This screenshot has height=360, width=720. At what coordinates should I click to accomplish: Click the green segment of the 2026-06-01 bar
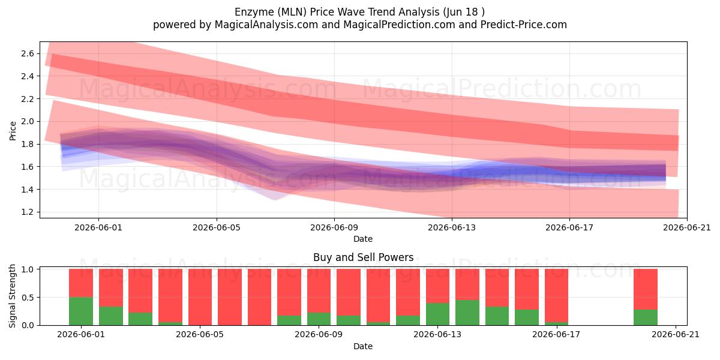(x=81, y=311)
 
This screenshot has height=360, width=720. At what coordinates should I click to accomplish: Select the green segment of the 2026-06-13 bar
(x=438, y=314)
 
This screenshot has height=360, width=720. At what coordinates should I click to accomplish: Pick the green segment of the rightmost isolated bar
(x=646, y=317)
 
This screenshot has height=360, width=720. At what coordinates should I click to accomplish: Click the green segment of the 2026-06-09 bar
(x=319, y=319)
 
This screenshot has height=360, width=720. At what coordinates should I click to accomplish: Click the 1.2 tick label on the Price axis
(x=28, y=212)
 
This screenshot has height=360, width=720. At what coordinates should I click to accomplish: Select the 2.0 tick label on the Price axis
(x=28, y=121)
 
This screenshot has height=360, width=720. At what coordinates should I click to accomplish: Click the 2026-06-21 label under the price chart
(x=687, y=227)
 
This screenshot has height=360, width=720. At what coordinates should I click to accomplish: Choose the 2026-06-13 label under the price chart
(x=452, y=227)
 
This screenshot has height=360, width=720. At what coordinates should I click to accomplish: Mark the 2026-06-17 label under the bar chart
(x=556, y=335)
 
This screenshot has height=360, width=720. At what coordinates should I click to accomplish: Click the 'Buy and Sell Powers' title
(x=363, y=257)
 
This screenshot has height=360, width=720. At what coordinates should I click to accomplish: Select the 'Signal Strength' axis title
(x=12, y=296)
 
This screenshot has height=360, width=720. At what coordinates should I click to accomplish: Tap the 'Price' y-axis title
(x=13, y=131)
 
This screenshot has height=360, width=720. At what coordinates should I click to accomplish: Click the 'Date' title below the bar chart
(x=363, y=346)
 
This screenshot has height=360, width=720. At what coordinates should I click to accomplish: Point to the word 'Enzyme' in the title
(x=253, y=12)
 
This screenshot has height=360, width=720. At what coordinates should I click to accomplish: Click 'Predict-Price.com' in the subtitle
(x=524, y=25)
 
